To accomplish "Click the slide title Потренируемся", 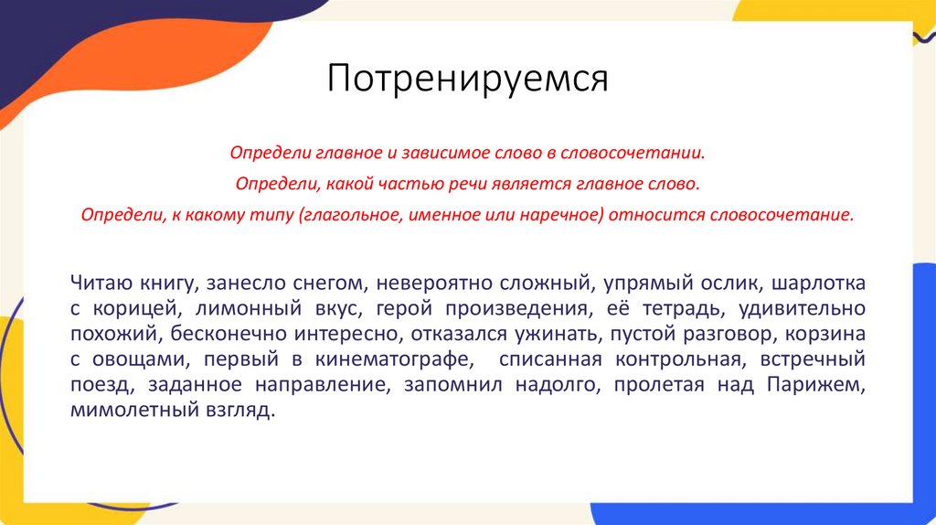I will pyautogui.click(x=468, y=79).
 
